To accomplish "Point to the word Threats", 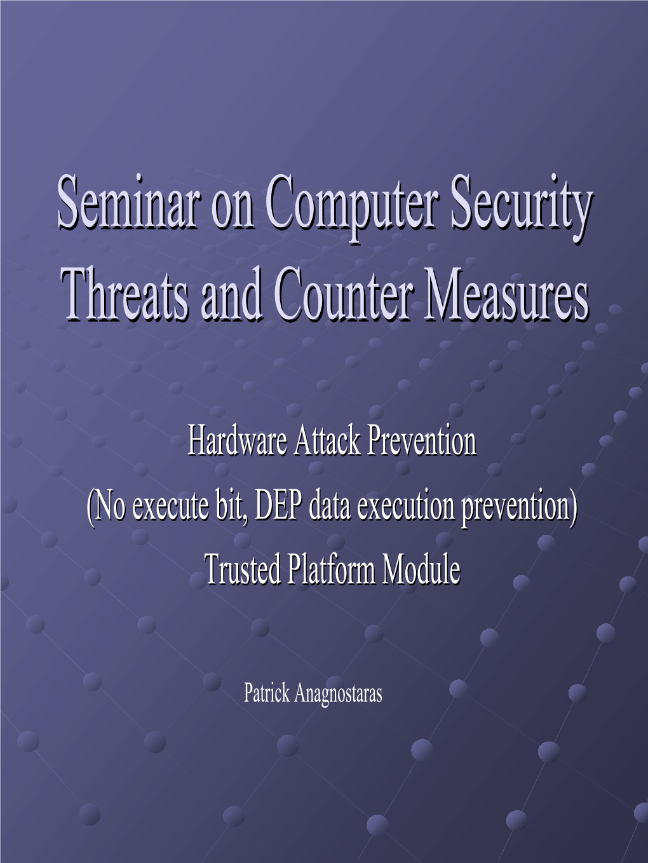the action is (x=126, y=293).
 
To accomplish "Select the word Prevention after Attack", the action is (x=422, y=440).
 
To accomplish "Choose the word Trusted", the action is (x=243, y=569).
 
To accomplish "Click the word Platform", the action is (x=331, y=569).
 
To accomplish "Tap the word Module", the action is (x=421, y=569).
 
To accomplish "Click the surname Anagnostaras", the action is (x=339, y=693).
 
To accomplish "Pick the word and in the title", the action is (x=232, y=293).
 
